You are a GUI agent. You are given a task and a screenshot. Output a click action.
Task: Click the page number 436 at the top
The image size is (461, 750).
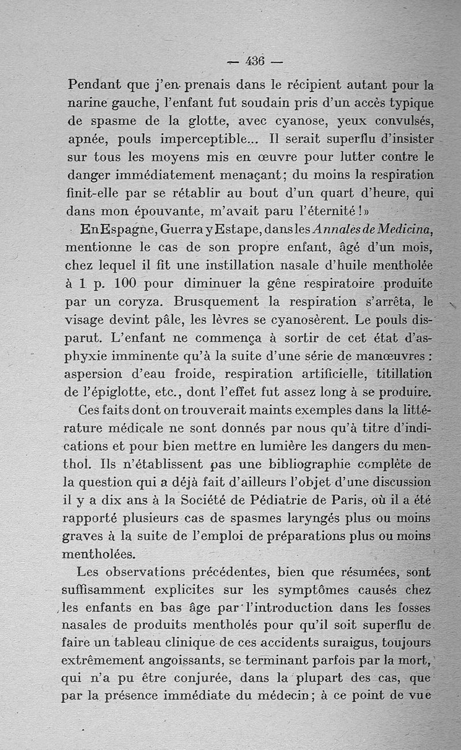pyautogui.click(x=254, y=61)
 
